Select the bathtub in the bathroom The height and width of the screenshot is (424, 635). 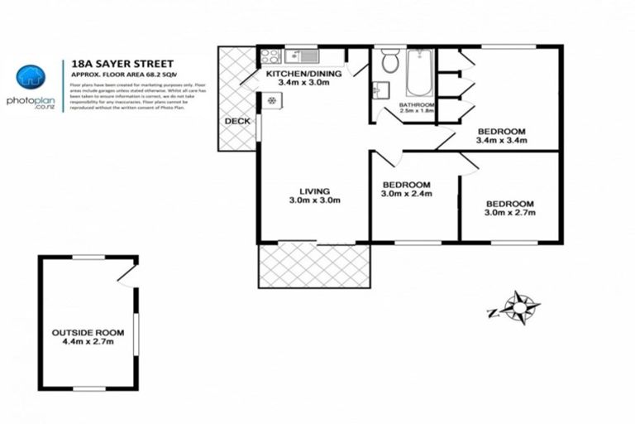click(419, 72)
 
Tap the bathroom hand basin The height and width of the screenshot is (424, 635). click(381, 89)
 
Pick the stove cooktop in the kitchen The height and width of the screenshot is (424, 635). click(270, 57)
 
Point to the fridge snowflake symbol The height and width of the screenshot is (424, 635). click(271, 100)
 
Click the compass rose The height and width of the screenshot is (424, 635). click(518, 307)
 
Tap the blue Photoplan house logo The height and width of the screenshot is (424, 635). click(31, 78)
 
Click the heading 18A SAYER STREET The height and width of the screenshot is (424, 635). click(112, 62)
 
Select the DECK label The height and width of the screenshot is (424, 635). click(237, 121)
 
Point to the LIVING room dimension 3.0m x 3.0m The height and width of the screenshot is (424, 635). click(314, 200)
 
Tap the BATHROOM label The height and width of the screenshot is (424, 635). click(417, 105)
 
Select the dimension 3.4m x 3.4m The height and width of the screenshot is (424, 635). click(501, 141)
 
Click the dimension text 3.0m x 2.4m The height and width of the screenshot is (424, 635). click(406, 194)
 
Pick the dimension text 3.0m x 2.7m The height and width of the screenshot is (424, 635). click(509, 213)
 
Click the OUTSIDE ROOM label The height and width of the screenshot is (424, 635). click(82, 333)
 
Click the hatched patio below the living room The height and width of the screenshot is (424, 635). click(314, 265)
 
